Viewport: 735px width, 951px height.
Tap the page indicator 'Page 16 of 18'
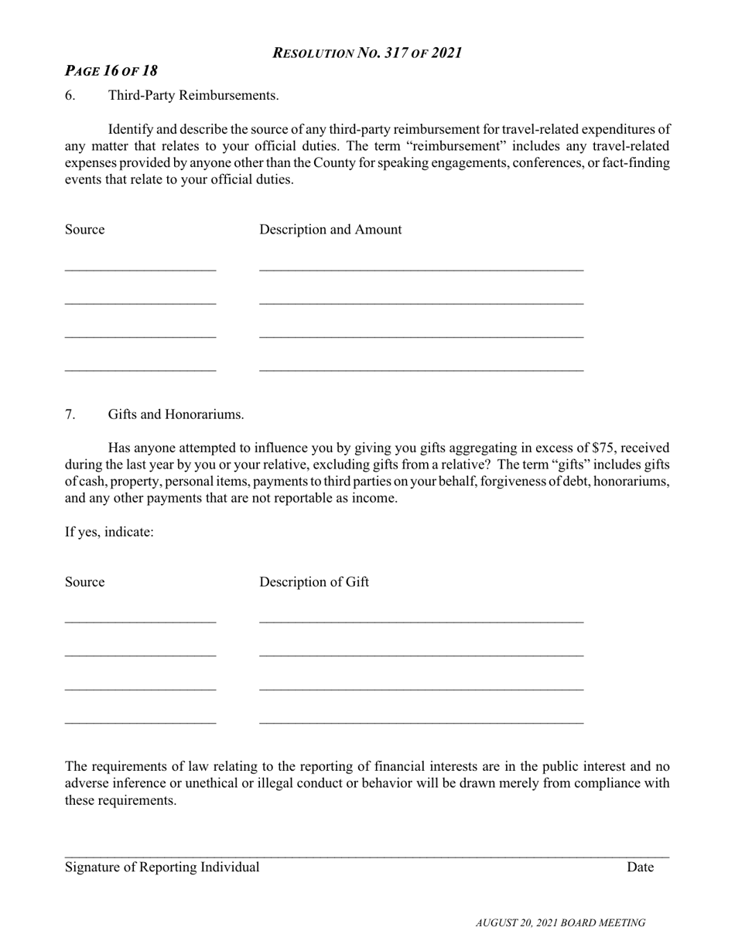111,70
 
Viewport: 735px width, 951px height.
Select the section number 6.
70,95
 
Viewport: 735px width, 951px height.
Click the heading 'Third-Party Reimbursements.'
193,95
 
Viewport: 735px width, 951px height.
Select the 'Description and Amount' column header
330,230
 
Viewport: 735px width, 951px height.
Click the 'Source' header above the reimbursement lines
84,230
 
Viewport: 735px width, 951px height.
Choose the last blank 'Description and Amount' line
421,369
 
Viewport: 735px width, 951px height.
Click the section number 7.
70,414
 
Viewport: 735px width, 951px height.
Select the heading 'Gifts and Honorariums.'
176,414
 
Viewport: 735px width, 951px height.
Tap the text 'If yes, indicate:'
109,532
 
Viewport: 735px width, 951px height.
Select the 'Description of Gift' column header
314,582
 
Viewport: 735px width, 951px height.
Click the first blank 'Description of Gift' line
421,620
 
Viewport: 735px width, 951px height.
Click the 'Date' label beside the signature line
640,867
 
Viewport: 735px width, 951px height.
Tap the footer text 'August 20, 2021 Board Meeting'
560,922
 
